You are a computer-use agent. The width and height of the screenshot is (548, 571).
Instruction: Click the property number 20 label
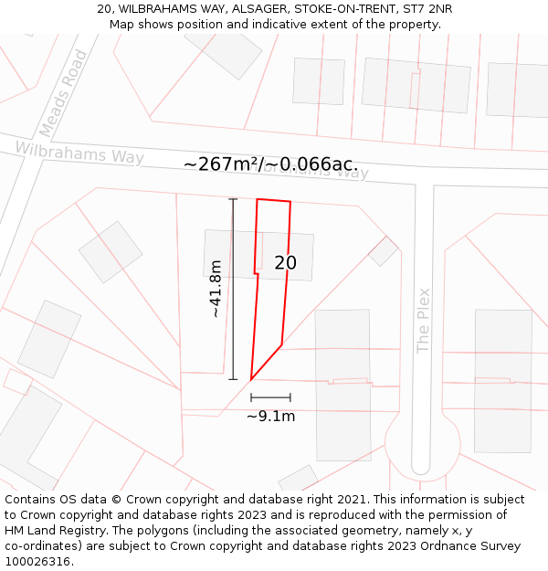[x=285, y=263]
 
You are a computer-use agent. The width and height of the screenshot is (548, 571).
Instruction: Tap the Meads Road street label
[x=65, y=92]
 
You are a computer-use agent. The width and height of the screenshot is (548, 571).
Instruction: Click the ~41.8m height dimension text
[x=216, y=289]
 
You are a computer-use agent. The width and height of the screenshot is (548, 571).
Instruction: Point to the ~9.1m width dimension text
[x=270, y=417]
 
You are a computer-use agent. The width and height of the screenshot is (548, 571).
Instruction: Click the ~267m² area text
[x=220, y=164]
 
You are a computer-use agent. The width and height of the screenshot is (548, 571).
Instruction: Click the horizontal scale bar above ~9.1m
[x=270, y=397]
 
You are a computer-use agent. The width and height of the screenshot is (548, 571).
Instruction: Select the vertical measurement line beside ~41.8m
[x=232, y=289]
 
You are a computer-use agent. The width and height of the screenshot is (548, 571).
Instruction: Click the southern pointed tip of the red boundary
[x=251, y=379]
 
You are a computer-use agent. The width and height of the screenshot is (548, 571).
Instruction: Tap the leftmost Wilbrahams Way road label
[x=79, y=153]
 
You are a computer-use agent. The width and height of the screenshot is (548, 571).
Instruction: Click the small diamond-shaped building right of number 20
[x=384, y=250]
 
